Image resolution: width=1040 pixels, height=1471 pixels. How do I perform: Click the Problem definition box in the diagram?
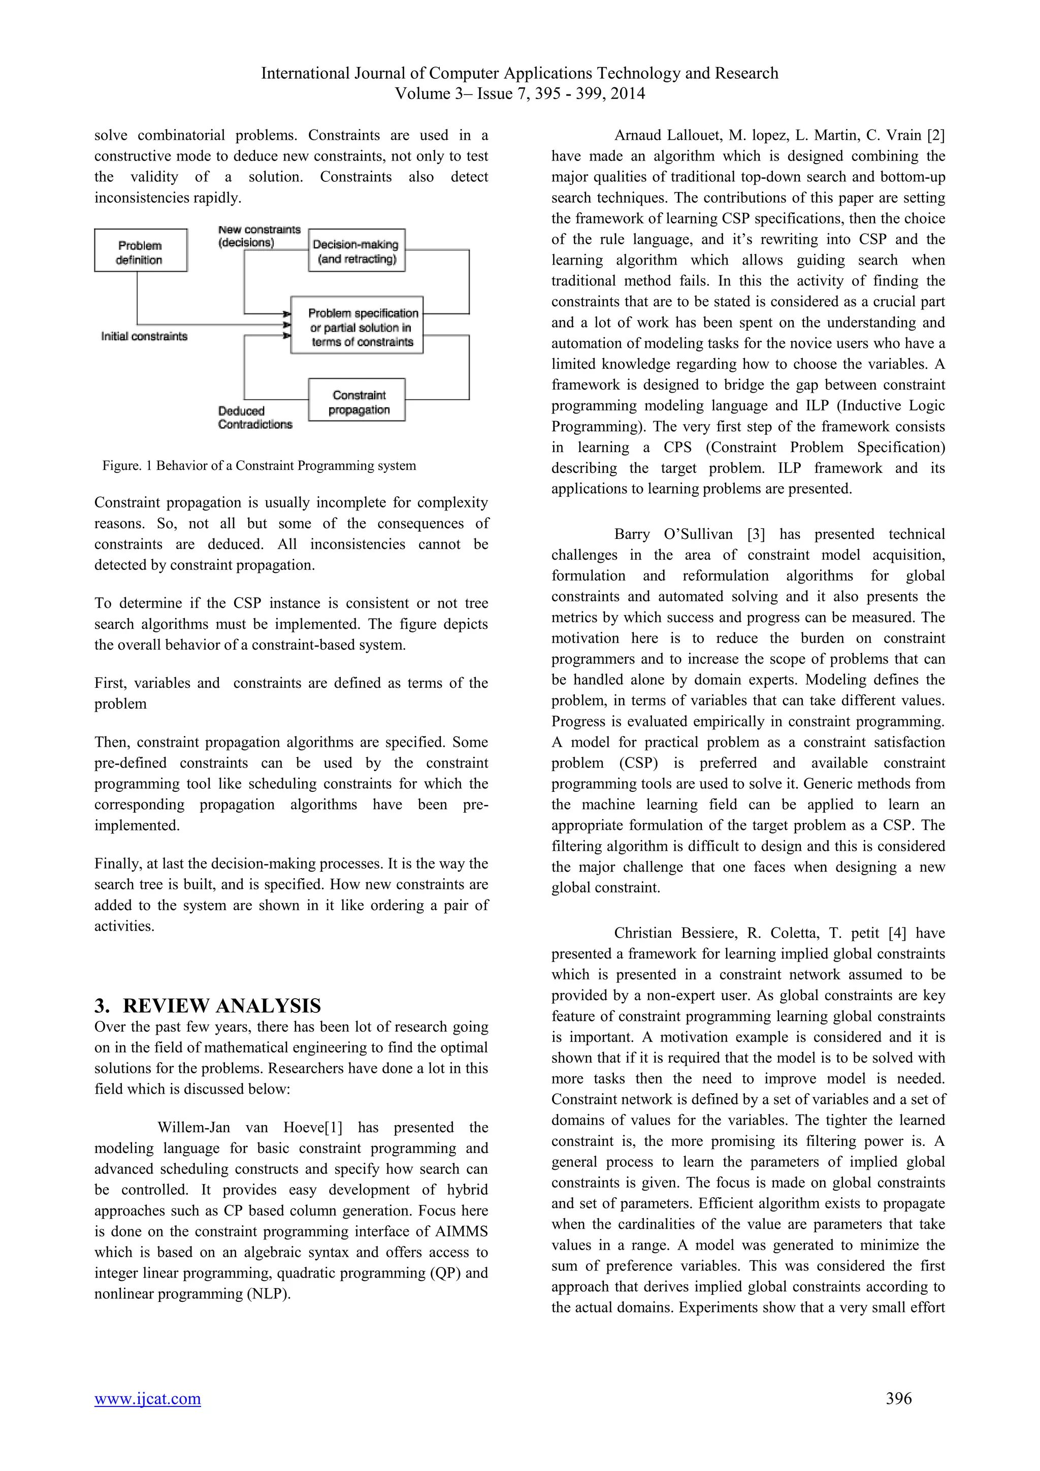(x=140, y=250)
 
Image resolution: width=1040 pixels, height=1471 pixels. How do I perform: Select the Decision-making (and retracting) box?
(x=356, y=250)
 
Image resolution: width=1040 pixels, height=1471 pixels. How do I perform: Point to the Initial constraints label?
(x=144, y=336)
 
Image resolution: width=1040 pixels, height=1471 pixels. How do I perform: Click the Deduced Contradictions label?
(x=254, y=417)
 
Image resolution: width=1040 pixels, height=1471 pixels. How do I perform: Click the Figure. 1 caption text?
(x=258, y=466)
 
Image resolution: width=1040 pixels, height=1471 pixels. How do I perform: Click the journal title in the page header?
(x=519, y=73)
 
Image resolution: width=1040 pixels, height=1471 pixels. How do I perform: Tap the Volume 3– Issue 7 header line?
(x=519, y=93)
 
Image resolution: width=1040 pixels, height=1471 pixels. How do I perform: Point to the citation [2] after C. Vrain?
(x=935, y=135)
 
